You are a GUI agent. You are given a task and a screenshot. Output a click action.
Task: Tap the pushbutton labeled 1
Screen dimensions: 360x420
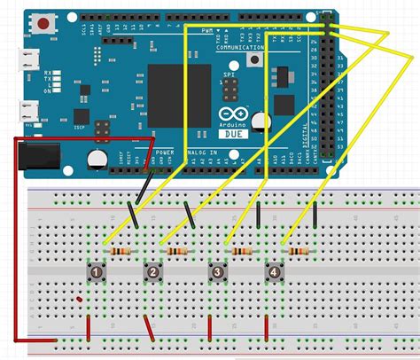coord(95,271)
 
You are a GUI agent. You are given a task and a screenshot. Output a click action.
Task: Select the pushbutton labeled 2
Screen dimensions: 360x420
coord(154,271)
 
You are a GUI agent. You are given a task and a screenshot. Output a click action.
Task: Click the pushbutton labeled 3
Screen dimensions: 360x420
coord(215,271)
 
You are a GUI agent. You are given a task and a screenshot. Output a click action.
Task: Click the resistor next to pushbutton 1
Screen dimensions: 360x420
coord(122,252)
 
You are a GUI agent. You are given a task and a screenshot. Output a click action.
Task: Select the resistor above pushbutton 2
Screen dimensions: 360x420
coord(181,252)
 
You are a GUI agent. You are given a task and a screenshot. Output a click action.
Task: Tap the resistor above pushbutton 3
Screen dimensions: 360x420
coord(241,252)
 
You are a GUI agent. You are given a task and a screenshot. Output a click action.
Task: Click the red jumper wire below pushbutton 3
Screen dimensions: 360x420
coord(209,326)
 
